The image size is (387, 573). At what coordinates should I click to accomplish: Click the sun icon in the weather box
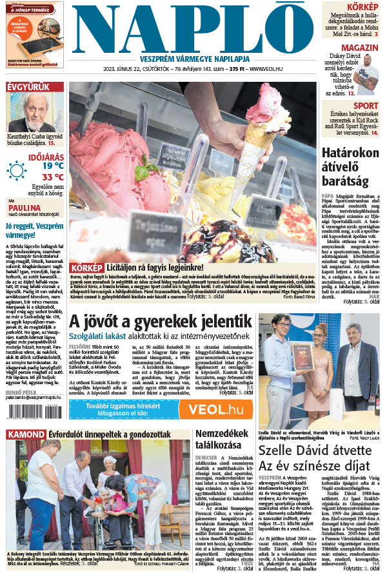coord(17,171)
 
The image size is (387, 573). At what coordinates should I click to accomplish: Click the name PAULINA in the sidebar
coord(22,208)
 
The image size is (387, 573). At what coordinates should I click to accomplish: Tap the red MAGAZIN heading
coord(360,48)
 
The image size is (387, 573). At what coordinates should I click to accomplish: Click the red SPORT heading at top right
coord(366,106)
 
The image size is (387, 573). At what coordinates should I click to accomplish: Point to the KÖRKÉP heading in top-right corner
coord(362,6)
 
